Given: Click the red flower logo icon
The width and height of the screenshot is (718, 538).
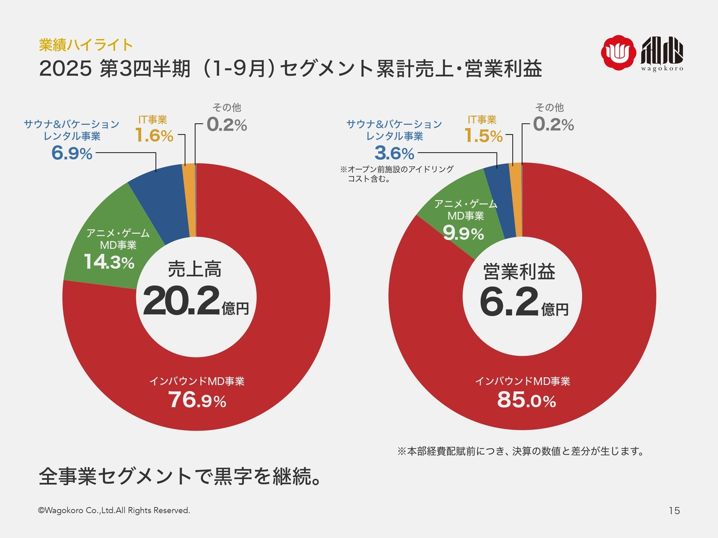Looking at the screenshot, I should [618, 53].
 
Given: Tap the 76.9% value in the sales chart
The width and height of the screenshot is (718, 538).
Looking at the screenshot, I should [197, 400].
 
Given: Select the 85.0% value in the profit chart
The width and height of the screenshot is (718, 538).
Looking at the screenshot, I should [526, 400].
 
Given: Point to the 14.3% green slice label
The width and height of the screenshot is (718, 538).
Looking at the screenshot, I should [109, 262].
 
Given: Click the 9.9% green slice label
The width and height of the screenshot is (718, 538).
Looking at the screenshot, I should [463, 233].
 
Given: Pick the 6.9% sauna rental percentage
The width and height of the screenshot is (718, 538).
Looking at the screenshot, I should [72, 153].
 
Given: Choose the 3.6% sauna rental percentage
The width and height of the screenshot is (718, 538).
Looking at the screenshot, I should [394, 153].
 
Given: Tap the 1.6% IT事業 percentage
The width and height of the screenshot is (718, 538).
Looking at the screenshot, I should [154, 136].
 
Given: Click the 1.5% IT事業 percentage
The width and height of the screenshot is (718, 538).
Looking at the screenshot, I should [483, 136].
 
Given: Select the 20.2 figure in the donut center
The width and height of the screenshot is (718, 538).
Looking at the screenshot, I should [181, 301].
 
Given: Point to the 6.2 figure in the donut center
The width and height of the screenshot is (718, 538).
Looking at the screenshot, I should [509, 301].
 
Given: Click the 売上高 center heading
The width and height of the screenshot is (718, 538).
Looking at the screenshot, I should [195, 270].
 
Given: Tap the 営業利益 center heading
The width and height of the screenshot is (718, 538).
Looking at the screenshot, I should [519, 272].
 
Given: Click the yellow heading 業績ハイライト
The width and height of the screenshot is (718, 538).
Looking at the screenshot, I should [86, 45].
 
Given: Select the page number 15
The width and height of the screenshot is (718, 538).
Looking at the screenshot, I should [674, 511].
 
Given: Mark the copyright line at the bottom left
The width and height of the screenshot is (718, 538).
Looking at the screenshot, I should [114, 511].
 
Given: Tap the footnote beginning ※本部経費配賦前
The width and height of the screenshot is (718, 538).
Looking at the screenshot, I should [521, 451].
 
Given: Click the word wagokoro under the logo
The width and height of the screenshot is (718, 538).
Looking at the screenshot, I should [662, 69].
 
